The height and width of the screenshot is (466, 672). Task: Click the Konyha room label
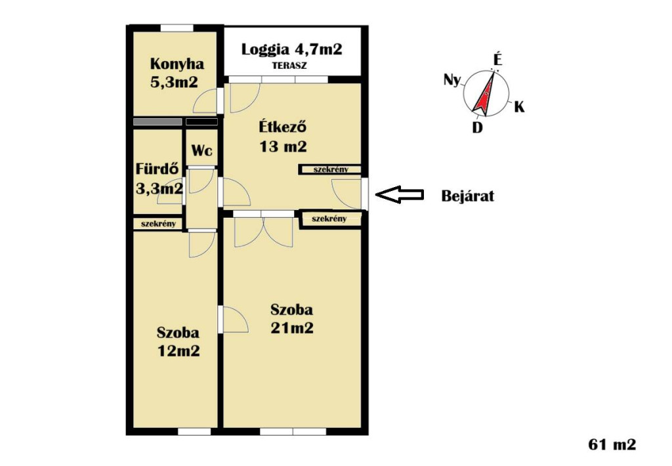pos(177,64)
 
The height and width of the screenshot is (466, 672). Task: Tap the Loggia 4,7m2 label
pos(292,49)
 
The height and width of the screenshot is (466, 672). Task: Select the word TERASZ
pos(289,66)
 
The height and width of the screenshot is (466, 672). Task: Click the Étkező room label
pos(283,127)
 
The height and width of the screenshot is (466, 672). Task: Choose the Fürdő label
pos(157,169)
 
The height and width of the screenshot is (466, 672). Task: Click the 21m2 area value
pos(292,328)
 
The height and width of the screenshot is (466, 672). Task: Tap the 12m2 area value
pos(178,351)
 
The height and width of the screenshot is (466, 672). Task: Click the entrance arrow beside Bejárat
pos(400,195)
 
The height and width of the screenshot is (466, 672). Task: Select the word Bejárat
pos(467,196)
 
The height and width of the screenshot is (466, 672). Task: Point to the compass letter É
pos(497,59)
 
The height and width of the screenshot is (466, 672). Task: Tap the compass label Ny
pos(451,79)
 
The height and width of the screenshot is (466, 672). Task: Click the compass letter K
pos(519,106)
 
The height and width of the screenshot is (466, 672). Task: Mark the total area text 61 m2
pos(612,444)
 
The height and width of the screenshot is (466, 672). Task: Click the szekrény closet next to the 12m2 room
pos(158,224)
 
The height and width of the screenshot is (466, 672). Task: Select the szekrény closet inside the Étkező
pos(331,169)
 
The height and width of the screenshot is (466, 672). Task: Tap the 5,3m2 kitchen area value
pos(174,82)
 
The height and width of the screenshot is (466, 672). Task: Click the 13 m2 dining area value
pos(283,146)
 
